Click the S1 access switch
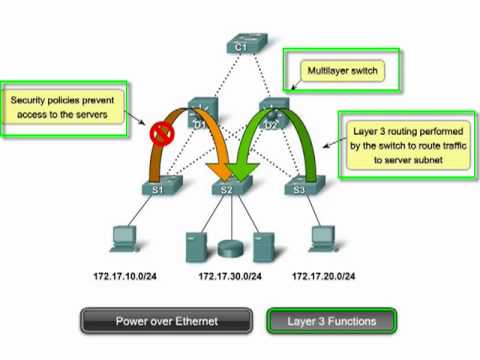click(x=158, y=186)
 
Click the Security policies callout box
click(x=67, y=108)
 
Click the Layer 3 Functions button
click(x=331, y=321)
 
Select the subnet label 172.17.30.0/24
click(x=233, y=275)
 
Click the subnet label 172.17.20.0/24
click(x=326, y=275)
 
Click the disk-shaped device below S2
click(x=229, y=245)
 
